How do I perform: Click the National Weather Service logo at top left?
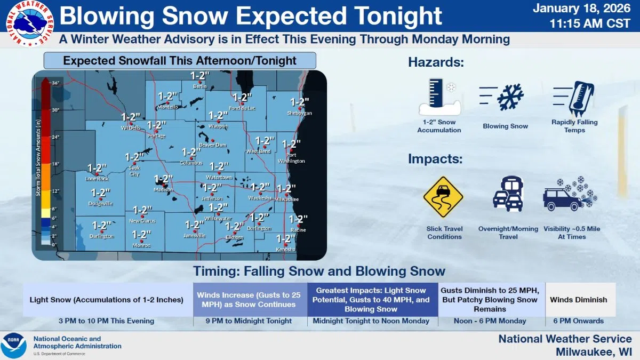click(29, 23)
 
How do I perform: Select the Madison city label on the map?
click(163, 190)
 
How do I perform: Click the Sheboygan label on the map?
click(299, 113)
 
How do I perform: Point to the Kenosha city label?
click(285, 250)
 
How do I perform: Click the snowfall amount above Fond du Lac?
click(242, 98)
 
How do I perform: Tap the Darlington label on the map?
click(102, 236)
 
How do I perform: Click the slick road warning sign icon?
click(443, 197)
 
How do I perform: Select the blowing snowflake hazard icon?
click(505, 98)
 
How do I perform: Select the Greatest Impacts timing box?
click(372, 299)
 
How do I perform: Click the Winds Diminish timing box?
click(578, 300)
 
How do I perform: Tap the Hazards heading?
click(436, 62)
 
